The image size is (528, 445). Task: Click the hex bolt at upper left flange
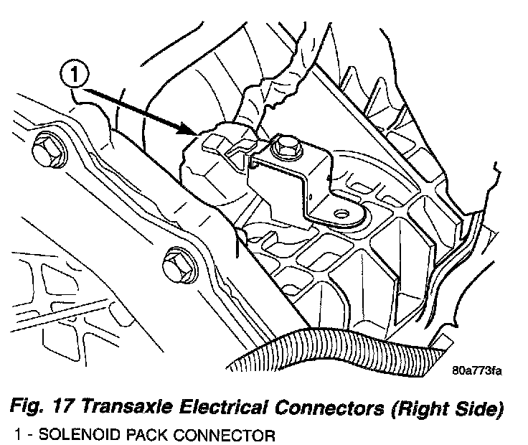point(47,151)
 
